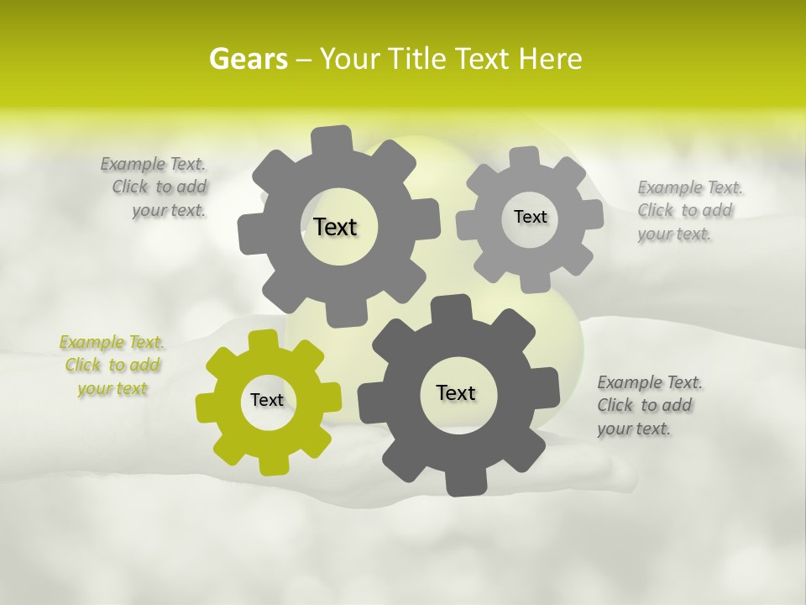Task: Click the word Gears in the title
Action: (x=248, y=59)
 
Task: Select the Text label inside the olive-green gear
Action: (x=267, y=400)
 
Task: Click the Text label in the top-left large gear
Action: (x=335, y=227)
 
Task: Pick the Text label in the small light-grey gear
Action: (x=530, y=217)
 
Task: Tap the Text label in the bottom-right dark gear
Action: (x=456, y=392)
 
